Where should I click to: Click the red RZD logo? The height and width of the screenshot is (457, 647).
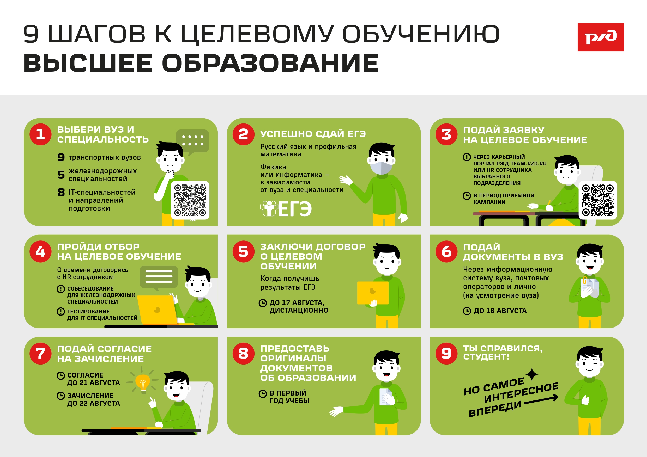(601, 37)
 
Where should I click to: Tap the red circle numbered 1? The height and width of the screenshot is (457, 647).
(40, 134)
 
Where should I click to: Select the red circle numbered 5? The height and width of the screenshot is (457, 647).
(244, 251)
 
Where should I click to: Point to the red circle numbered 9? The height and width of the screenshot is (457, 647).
(446, 353)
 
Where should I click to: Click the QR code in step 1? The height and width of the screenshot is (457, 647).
(190, 200)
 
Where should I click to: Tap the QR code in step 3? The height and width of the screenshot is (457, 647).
(598, 200)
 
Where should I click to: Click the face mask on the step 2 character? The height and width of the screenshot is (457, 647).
(381, 168)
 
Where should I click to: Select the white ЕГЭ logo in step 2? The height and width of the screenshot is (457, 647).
(286, 209)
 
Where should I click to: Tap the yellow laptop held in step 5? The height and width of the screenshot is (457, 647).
(373, 293)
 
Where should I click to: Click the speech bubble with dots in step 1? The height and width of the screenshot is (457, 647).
(192, 142)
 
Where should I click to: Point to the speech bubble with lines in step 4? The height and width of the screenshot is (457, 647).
(159, 278)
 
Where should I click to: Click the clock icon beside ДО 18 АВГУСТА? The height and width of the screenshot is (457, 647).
(467, 311)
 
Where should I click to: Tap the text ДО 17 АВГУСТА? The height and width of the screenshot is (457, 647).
(297, 303)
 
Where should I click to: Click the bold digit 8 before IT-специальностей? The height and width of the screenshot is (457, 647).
(61, 192)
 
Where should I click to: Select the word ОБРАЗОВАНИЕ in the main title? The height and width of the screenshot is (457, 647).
(270, 63)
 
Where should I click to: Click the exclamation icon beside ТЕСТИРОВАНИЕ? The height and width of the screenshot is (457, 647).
(61, 311)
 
